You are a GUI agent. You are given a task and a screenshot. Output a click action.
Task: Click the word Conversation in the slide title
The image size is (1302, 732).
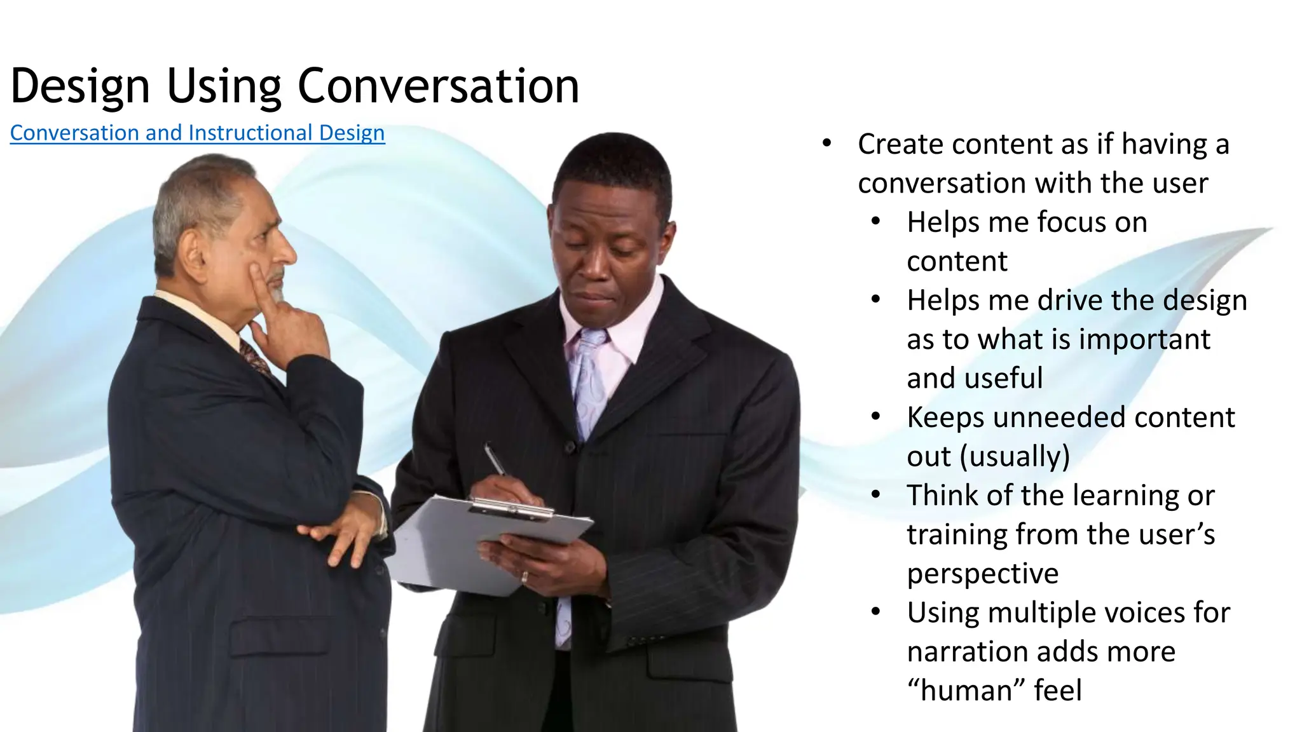coord(438,86)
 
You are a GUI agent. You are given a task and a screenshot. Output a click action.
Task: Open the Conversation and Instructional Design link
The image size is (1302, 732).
coord(197,133)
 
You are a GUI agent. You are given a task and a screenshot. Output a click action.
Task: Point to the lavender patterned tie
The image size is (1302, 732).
coord(589,381)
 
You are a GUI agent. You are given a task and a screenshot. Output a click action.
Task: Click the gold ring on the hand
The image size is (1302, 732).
coord(524,577)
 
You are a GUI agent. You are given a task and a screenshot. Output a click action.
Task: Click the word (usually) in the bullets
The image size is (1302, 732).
coord(1015,456)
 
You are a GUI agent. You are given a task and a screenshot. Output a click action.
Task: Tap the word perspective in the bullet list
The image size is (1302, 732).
coord(983,574)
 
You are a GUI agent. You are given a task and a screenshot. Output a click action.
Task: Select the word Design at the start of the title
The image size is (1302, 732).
coord(80,86)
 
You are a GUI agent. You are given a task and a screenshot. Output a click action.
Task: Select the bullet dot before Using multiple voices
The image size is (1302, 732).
coord(875,613)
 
